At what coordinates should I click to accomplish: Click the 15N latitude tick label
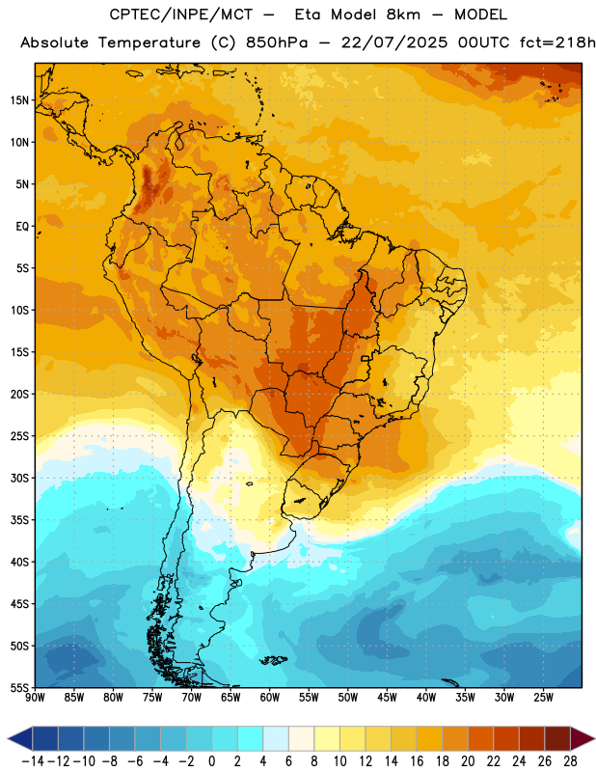(19, 100)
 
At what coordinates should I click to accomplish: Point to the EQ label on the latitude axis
(22, 227)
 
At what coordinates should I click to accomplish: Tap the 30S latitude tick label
(19, 478)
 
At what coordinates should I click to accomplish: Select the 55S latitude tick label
(19, 688)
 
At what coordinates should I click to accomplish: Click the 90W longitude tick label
(35, 698)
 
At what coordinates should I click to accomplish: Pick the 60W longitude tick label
(270, 698)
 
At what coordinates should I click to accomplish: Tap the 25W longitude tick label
(543, 698)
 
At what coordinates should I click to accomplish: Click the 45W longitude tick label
(387, 698)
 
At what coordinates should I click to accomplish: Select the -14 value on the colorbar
(33, 761)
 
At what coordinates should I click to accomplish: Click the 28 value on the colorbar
(570, 761)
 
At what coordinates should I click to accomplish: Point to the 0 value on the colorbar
(211, 761)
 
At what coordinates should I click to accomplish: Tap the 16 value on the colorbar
(417, 761)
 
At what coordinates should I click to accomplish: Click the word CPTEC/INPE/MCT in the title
(181, 14)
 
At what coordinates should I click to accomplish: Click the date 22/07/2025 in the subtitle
(394, 42)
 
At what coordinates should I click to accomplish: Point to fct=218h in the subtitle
(557, 42)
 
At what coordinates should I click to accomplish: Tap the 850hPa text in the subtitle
(277, 42)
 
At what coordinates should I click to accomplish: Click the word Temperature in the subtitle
(149, 42)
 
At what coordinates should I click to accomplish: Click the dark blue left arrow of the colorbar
(19, 738)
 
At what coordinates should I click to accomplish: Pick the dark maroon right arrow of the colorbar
(582, 738)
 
